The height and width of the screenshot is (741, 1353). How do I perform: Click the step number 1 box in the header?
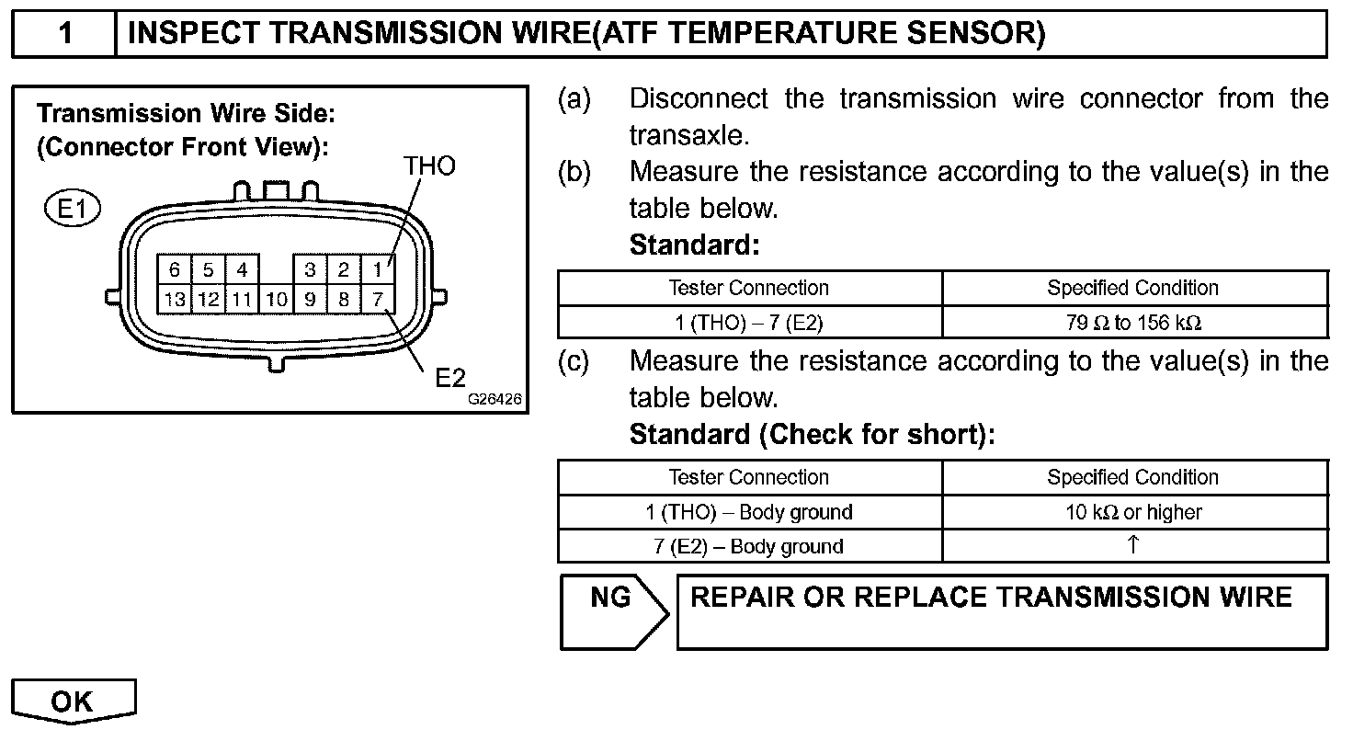pos(64,35)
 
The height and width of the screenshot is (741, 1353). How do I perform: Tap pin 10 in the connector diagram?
pos(276,299)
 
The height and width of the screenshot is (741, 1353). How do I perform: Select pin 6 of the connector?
pos(175,269)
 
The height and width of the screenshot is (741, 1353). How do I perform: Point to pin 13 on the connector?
pos(175,299)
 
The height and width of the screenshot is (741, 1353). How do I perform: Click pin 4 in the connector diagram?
pos(242,269)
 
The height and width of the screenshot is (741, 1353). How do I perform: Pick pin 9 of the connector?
pos(311,299)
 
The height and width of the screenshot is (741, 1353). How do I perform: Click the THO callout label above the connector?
pos(429,166)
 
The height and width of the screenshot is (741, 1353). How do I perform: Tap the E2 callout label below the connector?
pos(451,377)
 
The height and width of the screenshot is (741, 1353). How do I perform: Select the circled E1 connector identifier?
pos(72,210)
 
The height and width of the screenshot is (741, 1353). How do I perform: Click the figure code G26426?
pos(495,401)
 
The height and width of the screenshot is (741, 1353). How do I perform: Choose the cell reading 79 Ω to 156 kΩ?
pos(1133,323)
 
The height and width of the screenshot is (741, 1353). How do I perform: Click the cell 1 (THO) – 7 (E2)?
pos(749,323)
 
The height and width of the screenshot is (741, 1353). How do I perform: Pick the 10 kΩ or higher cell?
pos(1133,512)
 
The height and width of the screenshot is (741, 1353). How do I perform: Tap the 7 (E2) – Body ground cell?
pos(749,546)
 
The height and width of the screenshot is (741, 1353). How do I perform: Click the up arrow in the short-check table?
pos(1133,545)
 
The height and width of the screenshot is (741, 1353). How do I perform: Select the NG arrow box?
pos(611,611)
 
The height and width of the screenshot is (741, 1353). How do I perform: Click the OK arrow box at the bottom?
pos(74,701)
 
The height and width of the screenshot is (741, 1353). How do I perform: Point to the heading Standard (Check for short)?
pos(812,434)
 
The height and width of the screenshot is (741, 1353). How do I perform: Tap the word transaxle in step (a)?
pos(689,135)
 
